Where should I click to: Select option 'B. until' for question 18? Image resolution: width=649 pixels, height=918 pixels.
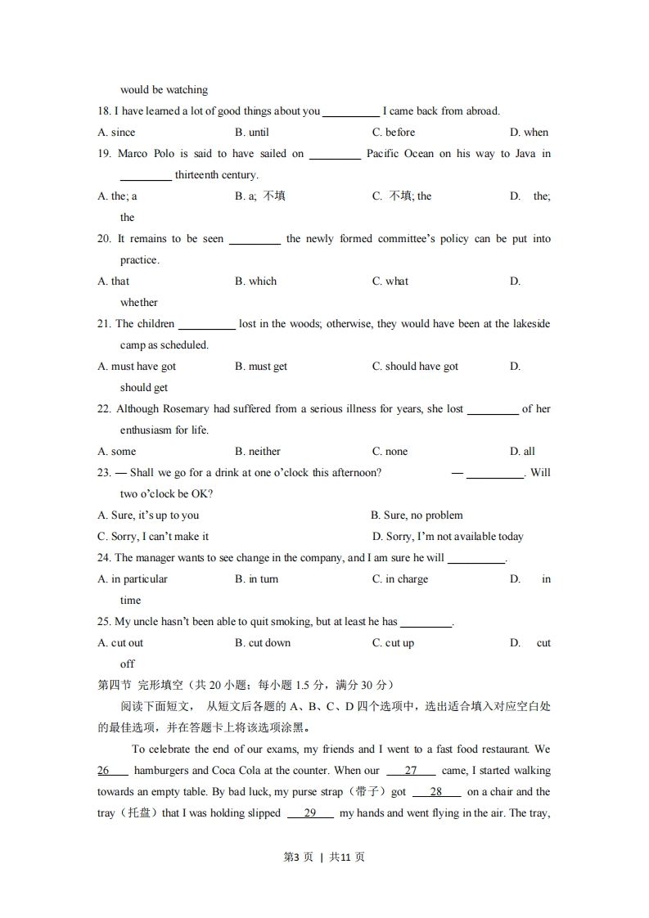[251, 133]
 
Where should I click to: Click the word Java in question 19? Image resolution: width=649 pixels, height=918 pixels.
[525, 154]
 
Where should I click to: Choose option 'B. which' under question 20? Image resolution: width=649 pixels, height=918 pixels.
[255, 281]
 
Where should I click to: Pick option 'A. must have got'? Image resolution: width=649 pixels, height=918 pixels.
[137, 367]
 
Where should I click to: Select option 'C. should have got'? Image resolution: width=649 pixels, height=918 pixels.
[415, 367]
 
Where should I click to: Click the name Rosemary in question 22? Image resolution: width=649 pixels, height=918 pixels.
[187, 409]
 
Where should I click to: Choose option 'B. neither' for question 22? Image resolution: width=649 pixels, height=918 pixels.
[257, 452]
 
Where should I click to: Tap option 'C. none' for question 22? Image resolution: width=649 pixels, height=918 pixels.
[390, 452]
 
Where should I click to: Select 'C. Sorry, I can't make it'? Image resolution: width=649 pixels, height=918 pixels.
[153, 537]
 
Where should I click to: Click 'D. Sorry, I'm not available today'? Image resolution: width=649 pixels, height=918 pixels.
[448, 537]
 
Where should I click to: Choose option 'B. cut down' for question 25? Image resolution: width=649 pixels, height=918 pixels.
[263, 643]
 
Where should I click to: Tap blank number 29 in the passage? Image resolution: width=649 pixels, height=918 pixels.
[310, 813]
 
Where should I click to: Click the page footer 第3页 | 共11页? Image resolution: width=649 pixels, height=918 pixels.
[324, 857]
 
